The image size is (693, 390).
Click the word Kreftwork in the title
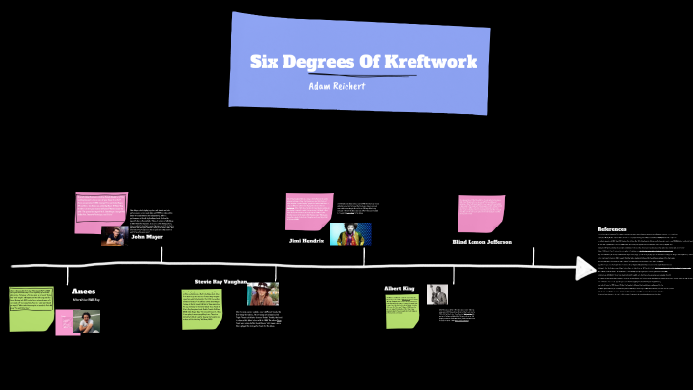[x=430, y=62]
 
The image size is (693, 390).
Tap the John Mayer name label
[x=147, y=237]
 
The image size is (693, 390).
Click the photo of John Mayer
[x=113, y=235]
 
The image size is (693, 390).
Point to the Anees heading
[x=83, y=292]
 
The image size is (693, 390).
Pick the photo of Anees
[x=87, y=321]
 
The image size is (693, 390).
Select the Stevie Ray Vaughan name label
[x=220, y=281]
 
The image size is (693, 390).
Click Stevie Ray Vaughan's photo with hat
[x=263, y=294]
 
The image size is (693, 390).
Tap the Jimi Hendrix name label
[x=306, y=240]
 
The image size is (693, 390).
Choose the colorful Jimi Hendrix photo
[x=350, y=233]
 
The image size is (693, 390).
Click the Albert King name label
[x=399, y=289]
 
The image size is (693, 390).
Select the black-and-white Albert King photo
[x=437, y=293]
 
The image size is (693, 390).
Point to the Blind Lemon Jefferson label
[x=481, y=241]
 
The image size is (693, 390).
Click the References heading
[x=611, y=229]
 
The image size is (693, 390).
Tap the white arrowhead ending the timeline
[x=586, y=267]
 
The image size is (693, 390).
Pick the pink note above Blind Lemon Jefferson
[x=480, y=214]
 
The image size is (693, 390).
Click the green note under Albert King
[x=402, y=310]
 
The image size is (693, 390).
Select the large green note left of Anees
[x=31, y=308]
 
